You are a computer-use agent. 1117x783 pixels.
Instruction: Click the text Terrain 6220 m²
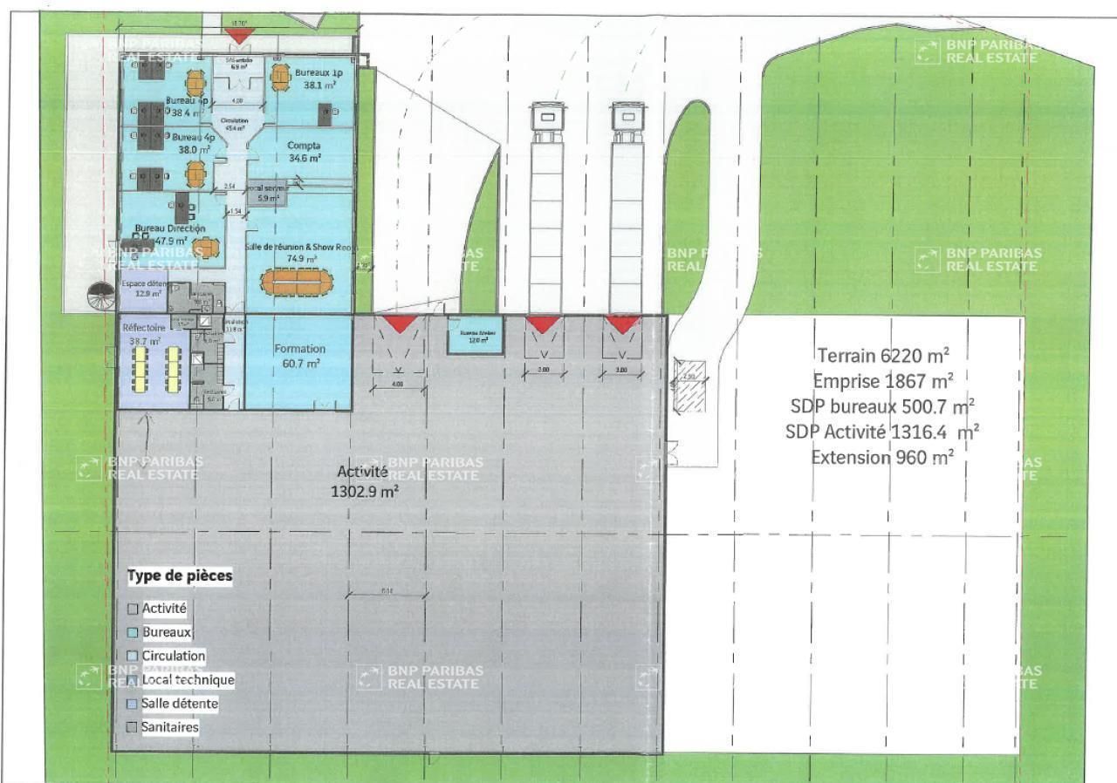tap(883, 356)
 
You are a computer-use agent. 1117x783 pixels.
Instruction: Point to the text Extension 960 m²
tap(883, 456)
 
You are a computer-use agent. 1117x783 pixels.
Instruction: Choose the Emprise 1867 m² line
tap(883, 381)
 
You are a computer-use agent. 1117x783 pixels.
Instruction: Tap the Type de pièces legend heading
tap(180, 576)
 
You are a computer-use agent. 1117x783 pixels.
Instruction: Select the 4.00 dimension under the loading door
tap(398, 384)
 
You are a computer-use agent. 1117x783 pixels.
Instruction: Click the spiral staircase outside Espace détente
tap(103, 299)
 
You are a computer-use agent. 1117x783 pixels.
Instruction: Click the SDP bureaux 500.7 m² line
tap(883, 406)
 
